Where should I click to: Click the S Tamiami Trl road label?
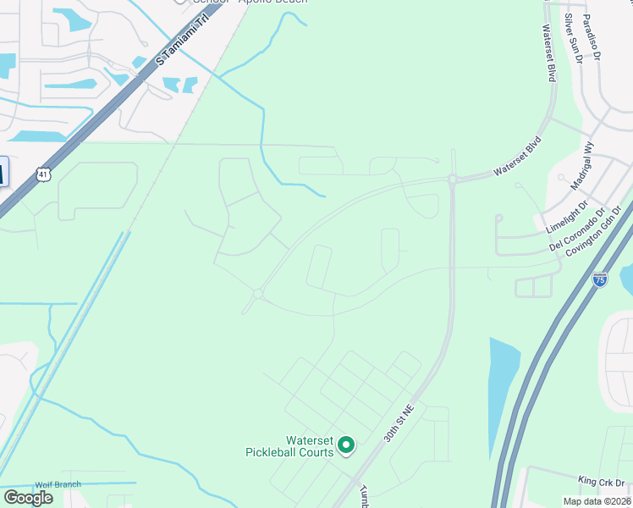click(x=182, y=43)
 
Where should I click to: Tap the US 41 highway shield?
click(x=44, y=174)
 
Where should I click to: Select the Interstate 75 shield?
click(x=599, y=279)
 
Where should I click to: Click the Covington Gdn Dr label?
click(x=594, y=229)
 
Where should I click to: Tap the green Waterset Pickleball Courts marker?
click(x=346, y=444)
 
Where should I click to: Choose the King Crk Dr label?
click(x=599, y=479)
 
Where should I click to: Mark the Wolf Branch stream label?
click(x=58, y=484)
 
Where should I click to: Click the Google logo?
click(x=28, y=498)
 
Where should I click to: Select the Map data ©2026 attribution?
click(x=596, y=501)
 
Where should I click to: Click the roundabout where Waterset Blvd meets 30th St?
click(x=453, y=179)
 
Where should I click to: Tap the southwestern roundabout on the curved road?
click(x=258, y=294)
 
